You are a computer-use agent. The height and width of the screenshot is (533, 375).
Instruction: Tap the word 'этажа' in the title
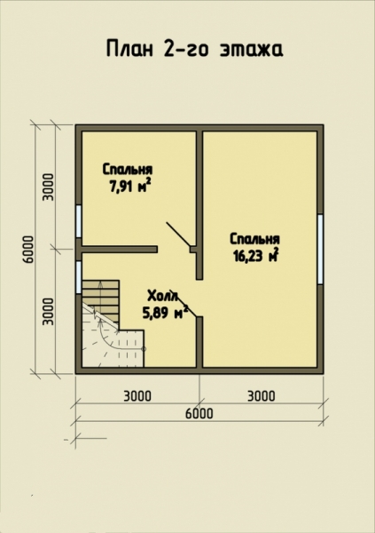pos(251,50)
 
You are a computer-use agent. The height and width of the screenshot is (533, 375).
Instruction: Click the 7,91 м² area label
pos(129,186)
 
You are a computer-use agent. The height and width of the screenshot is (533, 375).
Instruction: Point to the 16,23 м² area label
pos(256,256)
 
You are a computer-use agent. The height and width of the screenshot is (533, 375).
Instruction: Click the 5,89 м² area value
pos(165,313)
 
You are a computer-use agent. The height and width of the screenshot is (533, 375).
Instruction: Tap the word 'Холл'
pos(162,296)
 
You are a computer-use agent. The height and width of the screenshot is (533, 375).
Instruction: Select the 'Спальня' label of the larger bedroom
pos(254,239)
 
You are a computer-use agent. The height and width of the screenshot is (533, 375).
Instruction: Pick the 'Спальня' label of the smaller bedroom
pos(128,169)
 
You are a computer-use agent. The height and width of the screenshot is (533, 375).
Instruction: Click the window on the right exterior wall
pos(320,249)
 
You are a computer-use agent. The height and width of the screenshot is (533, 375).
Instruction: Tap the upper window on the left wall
pos(78,221)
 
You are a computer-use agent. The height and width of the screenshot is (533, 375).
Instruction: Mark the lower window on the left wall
pos(78,277)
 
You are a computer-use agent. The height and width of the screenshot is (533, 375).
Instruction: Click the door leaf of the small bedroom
pos(178,234)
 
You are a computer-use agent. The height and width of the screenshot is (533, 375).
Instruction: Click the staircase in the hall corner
pos(113,323)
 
